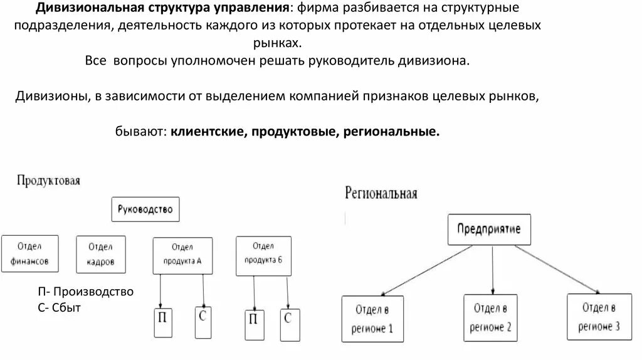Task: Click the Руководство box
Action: pos(145,209)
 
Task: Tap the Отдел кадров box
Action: pos(100,253)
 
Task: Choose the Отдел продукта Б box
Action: pos(263,255)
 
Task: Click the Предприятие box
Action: pos(488,230)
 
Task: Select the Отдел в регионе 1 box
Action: pos(373,318)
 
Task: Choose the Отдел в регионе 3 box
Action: pos(598,316)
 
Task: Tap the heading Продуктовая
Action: pos(48,181)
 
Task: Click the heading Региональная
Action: pos(381,193)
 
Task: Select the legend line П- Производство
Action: pos(85,292)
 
